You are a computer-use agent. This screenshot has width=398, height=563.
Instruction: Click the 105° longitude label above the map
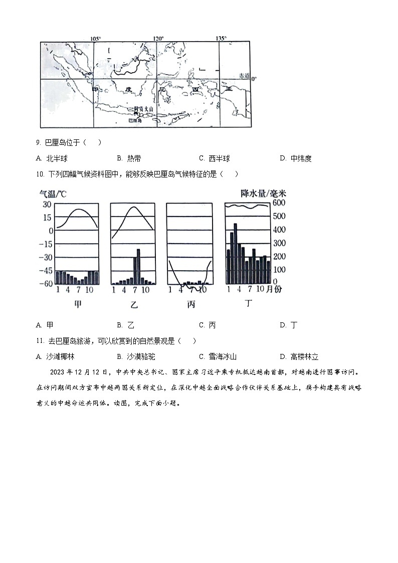(x=95, y=39)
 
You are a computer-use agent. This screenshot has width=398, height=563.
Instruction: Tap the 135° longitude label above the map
(x=221, y=39)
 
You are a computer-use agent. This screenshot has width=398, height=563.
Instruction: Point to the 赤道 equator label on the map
(x=244, y=75)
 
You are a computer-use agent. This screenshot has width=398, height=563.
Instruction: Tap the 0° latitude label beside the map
(x=254, y=79)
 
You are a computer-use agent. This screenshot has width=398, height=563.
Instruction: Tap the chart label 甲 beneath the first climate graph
(x=77, y=304)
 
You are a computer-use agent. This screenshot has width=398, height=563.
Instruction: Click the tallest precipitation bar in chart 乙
(x=138, y=266)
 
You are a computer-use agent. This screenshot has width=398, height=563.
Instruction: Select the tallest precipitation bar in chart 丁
(x=236, y=253)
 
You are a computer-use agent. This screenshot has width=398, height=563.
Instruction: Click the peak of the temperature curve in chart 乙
(x=133, y=207)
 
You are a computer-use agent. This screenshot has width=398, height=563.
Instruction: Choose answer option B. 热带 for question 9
(x=129, y=158)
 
